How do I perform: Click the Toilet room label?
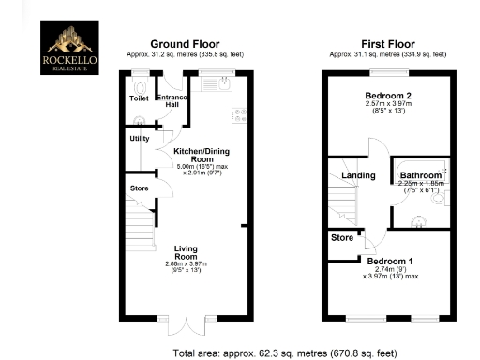[138, 97]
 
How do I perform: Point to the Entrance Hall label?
[172, 101]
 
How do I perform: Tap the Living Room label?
[186, 251]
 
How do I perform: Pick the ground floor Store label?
[140, 188]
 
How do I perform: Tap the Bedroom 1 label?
[388, 261]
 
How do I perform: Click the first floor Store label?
[341, 238]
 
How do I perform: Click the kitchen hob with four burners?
[238, 115]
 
